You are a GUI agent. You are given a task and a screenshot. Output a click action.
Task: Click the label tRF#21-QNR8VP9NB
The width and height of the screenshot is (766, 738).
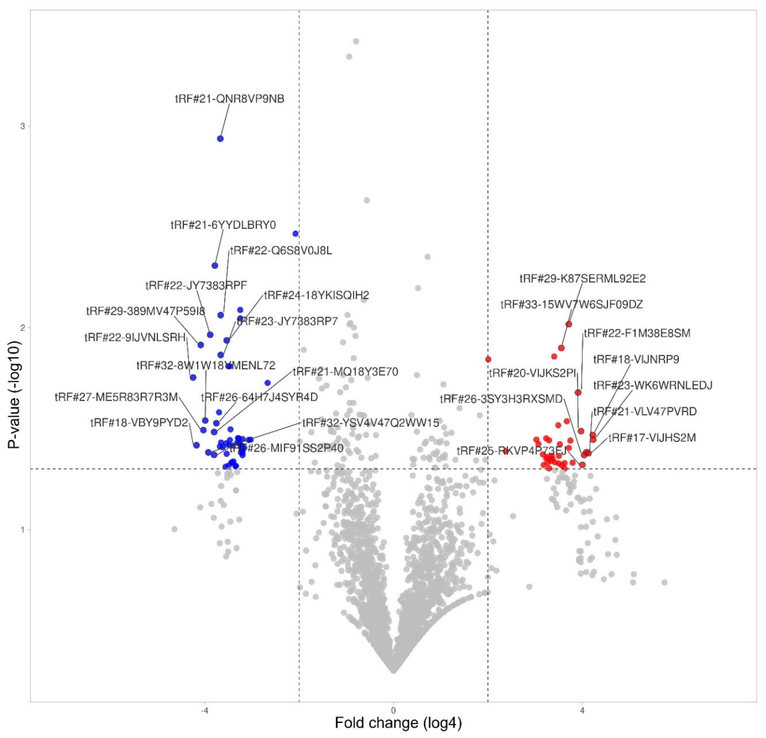point(229,99)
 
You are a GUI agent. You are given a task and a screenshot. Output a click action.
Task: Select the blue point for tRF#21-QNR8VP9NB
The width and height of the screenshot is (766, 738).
point(220,139)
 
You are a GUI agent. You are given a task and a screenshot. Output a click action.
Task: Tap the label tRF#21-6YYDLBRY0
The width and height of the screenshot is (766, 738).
point(223,225)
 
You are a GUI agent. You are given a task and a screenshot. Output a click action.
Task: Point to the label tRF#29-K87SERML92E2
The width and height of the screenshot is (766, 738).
point(582,279)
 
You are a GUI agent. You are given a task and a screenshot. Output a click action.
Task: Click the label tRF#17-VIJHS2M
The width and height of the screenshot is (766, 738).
point(652,438)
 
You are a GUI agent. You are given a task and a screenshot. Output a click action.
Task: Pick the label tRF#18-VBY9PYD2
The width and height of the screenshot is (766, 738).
point(139,423)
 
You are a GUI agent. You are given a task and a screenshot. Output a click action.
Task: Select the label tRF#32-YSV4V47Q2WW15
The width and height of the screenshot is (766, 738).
point(371,423)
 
